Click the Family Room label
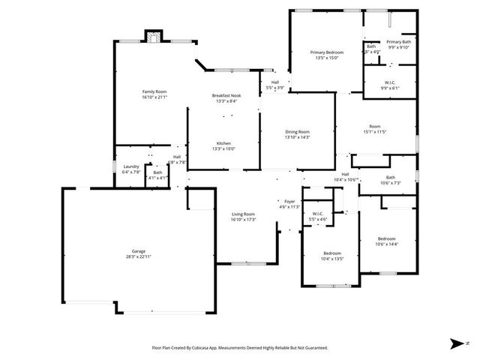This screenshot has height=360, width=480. pyautogui.click(x=154, y=91)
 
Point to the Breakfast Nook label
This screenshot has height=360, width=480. pyautogui.click(x=226, y=95)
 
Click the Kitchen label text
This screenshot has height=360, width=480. pyautogui.click(x=223, y=143)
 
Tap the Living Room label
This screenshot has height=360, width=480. pyautogui.click(x=244, y=214)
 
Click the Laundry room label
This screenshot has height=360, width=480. pyautogui.click(x=131, y=166)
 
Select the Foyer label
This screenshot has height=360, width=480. pyautogui.click(x=289, y=201)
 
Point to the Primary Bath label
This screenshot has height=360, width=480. pyautogui.click(x=399, y=42)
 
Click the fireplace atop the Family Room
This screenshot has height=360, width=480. pyautogui.click(x=153, y=37)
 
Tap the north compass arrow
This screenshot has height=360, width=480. pyautogui.click(x=457, y=343)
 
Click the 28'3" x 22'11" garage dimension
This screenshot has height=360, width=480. pyautogui.click(x=139, y=256)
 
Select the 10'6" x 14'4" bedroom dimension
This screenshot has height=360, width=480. pyautogui.click(x=386, y=244)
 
